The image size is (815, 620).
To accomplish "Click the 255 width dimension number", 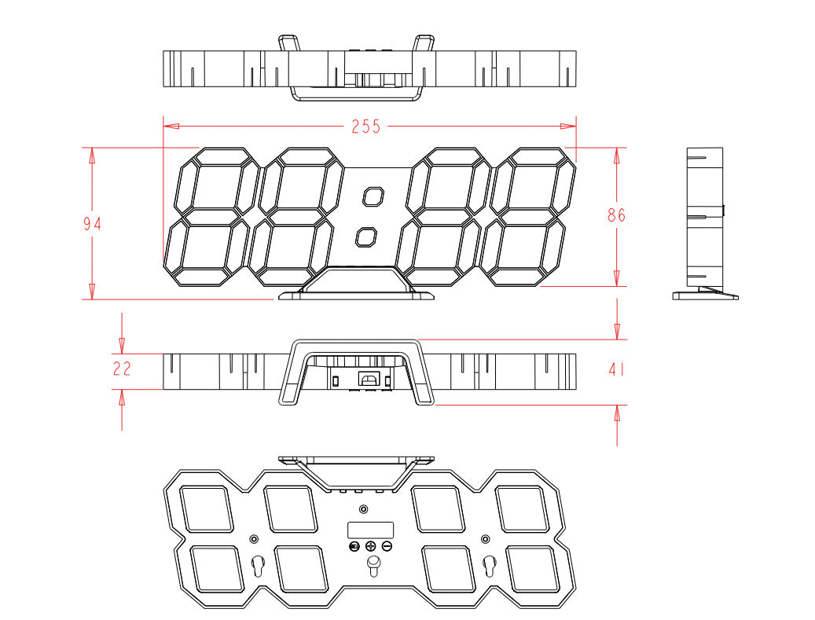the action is click(366, 127).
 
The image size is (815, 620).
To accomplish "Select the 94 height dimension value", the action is click(93, 224).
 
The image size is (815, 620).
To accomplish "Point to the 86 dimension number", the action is click(616, 215).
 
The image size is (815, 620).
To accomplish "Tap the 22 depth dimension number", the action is click(122, 369).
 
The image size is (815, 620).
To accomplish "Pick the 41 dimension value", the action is click(616, 369).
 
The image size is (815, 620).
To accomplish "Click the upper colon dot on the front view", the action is click(373, 197).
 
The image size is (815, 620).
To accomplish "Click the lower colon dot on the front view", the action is click(366, 237).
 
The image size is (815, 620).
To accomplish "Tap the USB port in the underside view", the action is click(369, 377).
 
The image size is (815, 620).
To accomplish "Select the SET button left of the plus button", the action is click(354, 547).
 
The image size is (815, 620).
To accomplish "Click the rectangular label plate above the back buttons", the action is click(371, 530).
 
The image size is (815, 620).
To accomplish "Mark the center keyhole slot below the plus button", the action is click(373, 566).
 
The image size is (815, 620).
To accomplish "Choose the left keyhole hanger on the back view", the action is click(258, 566).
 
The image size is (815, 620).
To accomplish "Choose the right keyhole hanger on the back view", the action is click(490, 566).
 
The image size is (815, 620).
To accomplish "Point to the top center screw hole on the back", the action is click(364, 508).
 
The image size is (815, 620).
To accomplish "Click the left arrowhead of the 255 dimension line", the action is click(171, 127).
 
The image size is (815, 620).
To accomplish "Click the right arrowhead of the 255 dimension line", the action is click(568, 127).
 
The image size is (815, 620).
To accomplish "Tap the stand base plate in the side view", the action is click(705, 296).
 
